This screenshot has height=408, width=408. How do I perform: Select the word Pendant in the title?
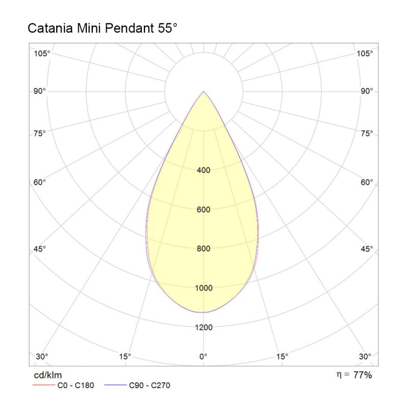[127, 29]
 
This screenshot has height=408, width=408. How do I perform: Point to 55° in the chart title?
[166, 29]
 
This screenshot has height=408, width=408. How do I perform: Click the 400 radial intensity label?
[203, 170]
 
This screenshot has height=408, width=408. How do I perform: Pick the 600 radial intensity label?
[203, 210]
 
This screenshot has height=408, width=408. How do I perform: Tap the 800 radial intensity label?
[203, 249]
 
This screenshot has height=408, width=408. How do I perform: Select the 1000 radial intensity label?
[203, 288]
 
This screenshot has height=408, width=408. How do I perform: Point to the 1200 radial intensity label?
[203, 327]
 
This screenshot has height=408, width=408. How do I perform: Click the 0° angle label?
[203, 356]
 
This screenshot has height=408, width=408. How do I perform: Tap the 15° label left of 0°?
[125, 356]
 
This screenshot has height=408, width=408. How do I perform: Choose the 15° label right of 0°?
[282, 356]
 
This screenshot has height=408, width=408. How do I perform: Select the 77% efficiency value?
[363, 375]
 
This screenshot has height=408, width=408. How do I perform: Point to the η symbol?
[339, 375]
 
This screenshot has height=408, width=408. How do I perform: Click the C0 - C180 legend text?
[75, 386]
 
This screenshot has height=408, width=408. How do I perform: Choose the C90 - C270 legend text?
[149, 386]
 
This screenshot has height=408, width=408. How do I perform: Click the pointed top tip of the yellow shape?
[204, 92]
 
